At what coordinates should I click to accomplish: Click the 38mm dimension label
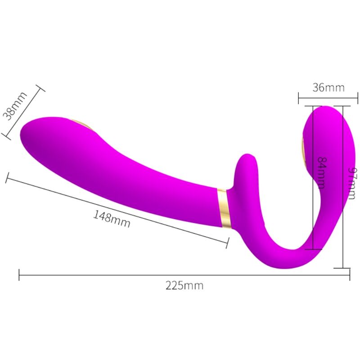pos(15,107)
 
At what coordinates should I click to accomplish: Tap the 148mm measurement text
pos(112,218)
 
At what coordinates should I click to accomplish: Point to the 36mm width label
pos(328,87)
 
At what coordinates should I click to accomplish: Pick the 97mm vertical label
pos(351,184)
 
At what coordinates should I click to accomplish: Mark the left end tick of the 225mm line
pos(19,274)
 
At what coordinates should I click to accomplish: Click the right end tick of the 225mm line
pos(349,274)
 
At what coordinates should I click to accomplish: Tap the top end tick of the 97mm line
pos(343,106)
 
